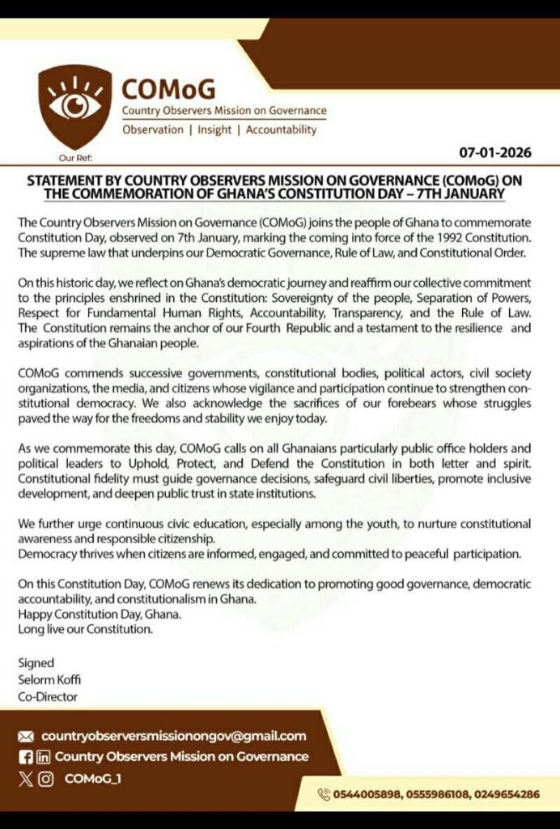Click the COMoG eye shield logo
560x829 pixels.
click(x=75, y=106)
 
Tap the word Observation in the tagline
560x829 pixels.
click(x=153, y=130)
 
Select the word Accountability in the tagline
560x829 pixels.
click(x=281, y=130)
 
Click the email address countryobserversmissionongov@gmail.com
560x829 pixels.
click(x=174, y=736)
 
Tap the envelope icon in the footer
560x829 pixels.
click(x=26, y=737)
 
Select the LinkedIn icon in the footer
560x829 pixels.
click(x=43, y=757)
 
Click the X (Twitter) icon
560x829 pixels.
click(x=26, y=779)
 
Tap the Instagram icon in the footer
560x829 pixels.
click(x=46, y=779)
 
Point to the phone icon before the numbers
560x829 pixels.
click(x=325, y=794)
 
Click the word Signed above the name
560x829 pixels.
click(x=36, y=662)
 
